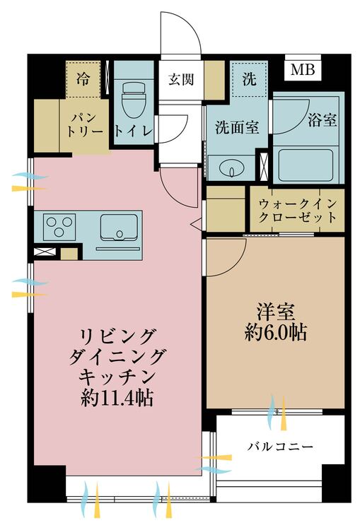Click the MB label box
tap(303, 71)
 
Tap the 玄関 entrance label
tap(180, 79)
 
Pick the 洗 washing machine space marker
tap(249, 79)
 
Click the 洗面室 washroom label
tap(236, 129)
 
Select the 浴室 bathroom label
tap(322, 120)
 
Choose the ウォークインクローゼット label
tap(297, 209)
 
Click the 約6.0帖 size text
tap(275, 333)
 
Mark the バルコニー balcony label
tap(281, 447)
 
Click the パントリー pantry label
tap(87, 124)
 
